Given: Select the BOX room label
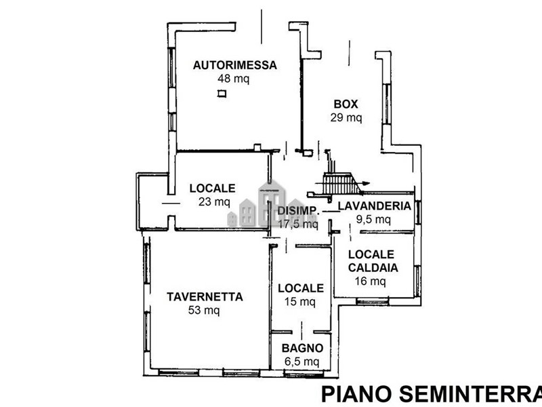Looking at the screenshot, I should tap(346, 104).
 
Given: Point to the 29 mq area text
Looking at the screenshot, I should tap(346, 117).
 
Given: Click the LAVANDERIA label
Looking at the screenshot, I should tap(374, 206).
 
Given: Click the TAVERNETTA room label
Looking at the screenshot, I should tap(205, 296).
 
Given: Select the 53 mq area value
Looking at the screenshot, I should tap(203, 311).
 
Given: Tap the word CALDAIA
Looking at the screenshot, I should tap(373, 267).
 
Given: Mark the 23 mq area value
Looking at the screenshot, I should tap(213, 201).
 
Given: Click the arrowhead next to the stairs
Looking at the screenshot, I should tap(366, 182).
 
